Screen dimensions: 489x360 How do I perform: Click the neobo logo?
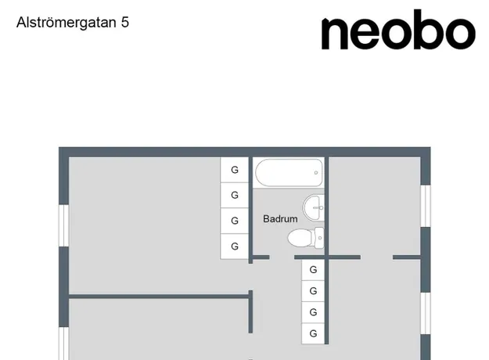tap(398, 30)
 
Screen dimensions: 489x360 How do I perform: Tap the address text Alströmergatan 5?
tap(73, 23)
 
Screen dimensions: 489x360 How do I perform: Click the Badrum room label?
tap(280, 218)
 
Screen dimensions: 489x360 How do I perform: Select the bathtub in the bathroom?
tap(289, 172)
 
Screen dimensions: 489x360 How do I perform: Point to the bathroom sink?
tap(314, 207)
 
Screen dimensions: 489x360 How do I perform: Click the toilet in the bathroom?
tap(306, 238)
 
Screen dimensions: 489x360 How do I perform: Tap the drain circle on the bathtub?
tap(316, 172)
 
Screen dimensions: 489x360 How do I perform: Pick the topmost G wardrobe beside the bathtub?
tap(235, 170)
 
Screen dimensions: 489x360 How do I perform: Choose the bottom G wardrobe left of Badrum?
tap(235, 247)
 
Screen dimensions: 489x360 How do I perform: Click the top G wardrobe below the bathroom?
tap(313, 269)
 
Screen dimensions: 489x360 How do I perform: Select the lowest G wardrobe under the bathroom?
tap(313, 333)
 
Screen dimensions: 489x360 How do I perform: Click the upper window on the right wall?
tap(426, 206)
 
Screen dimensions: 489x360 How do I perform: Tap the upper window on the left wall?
tap(64, 225)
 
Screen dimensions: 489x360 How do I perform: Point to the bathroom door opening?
tap(282, 257)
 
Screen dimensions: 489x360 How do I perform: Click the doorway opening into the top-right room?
tap(377, 257)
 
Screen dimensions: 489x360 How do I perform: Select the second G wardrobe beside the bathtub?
tap(235, 196)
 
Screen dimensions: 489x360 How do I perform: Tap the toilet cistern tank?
tap(319, 238)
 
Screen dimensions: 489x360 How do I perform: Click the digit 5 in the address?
tap(125, 23)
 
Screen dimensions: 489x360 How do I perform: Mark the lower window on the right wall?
tap(426, 313)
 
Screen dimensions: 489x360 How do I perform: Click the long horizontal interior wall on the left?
tap(159, 297)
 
